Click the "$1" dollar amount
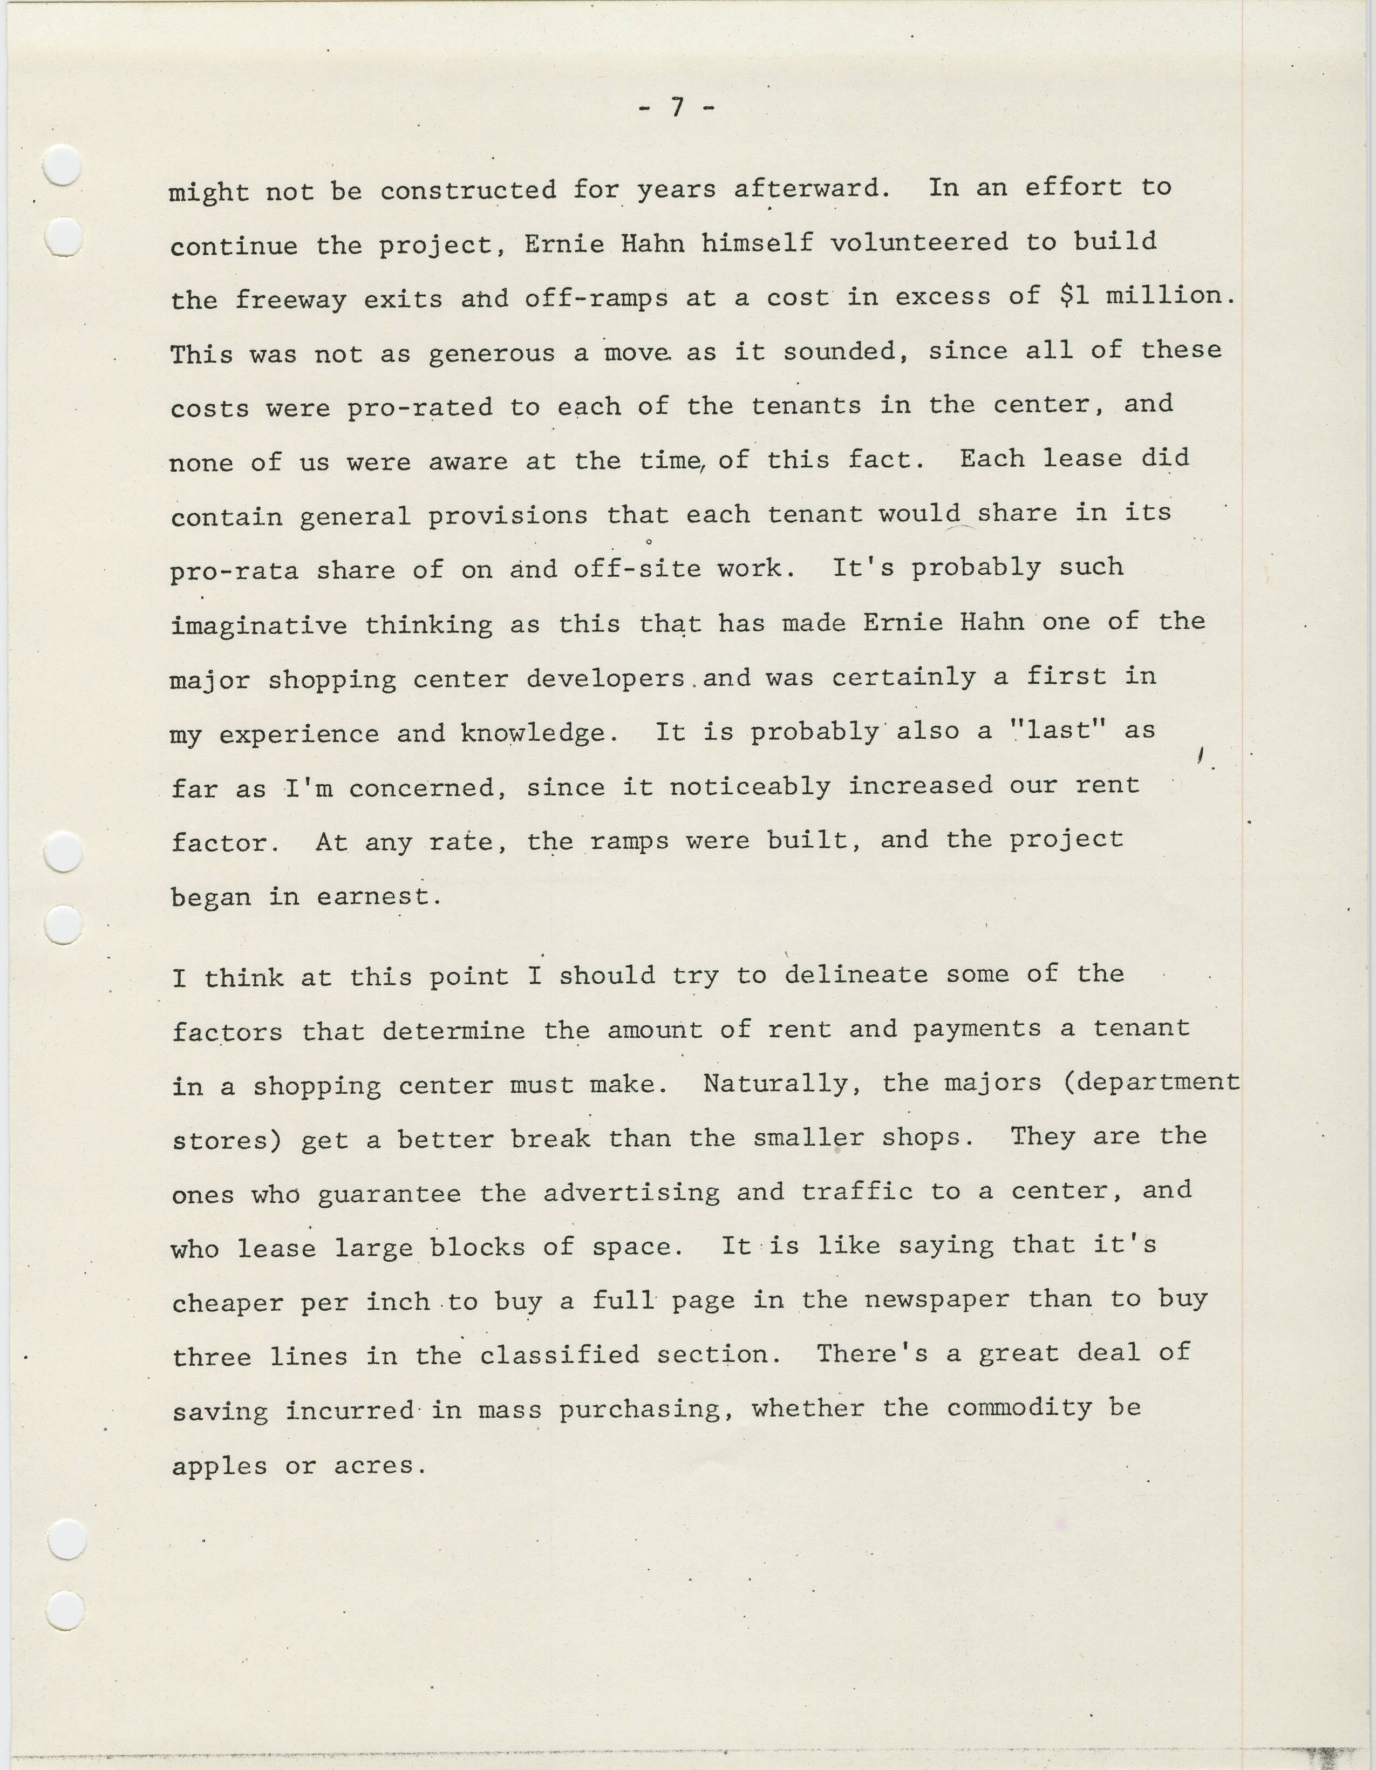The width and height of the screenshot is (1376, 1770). [x=1073, y=296]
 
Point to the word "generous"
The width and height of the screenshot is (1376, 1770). [x=491, y=354]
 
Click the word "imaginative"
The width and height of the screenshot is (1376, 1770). [x=260, y=625]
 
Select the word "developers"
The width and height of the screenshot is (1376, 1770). [x=605, y=678]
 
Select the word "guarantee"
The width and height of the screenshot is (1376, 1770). [x=389, y=1194]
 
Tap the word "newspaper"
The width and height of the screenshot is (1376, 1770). [x=937, y=1301]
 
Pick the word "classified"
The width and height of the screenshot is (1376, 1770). [x=559, y=1355]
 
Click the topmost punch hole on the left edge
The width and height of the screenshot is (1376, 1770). [x=63, y=166]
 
